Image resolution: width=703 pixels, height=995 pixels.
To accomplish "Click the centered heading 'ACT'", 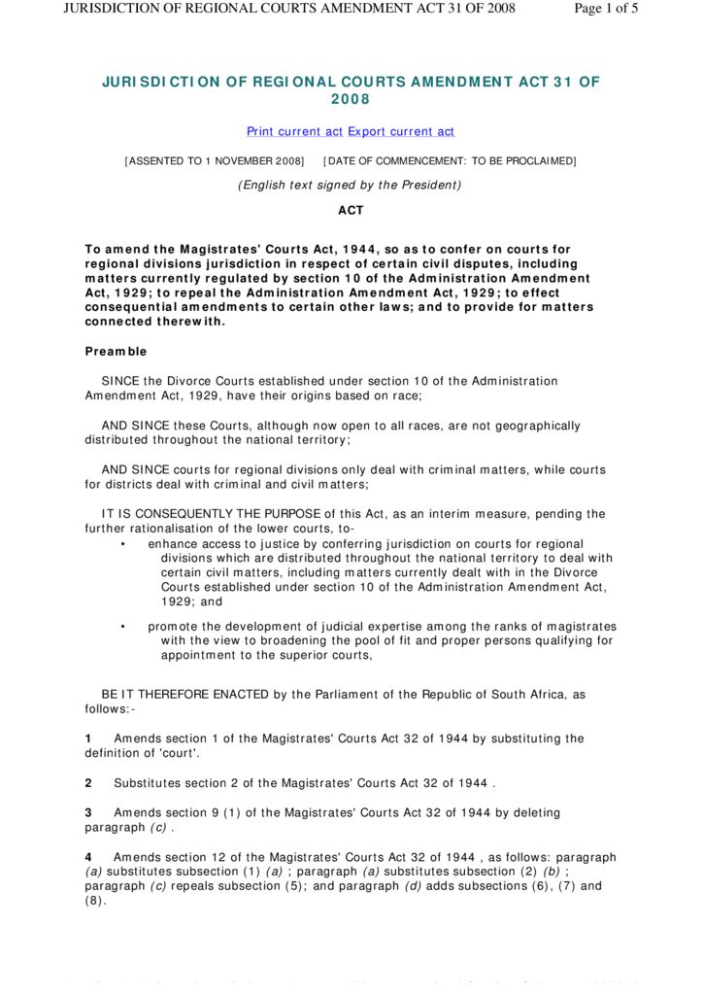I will [x=351, y=210].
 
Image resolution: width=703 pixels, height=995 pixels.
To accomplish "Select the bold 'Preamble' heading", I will [x=116, y=352].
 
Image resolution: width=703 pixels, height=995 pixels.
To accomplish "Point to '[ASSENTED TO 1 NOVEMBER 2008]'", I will [x=214, y=160].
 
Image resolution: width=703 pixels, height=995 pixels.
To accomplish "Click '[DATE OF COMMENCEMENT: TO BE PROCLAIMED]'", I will [x=450, y=160].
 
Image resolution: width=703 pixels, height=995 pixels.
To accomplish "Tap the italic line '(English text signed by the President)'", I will [x=351, y=185].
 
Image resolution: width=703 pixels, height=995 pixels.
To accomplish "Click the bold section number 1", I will [x=88, y=738].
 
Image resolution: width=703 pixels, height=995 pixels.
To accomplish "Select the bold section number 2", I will [x=88, y=783].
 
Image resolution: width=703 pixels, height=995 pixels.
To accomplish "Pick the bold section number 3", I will [x=88, y=812].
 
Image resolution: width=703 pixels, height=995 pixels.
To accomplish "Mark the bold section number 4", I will [x=88, y=857].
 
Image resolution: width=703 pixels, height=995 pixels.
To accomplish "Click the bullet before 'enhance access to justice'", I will [x=122, y=544].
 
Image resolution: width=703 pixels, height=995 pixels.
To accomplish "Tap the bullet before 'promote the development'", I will [x=122, y=627].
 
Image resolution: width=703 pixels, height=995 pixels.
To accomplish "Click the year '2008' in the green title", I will [x=351, y=99].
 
